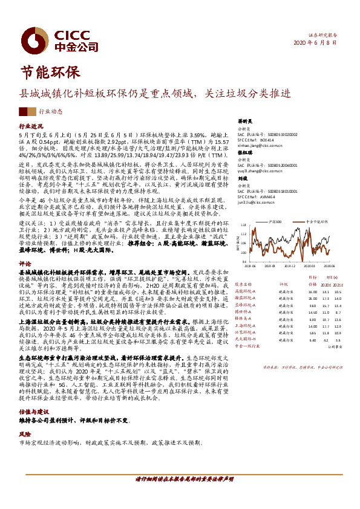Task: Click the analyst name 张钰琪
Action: point(244,154)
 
